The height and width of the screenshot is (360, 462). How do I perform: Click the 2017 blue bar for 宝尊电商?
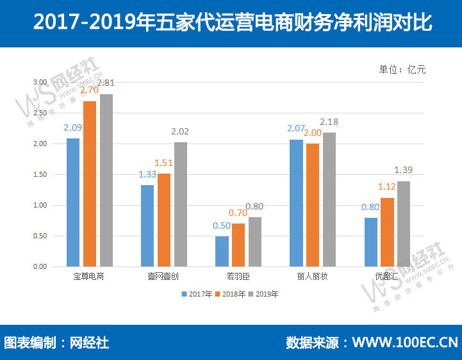[x=73, y=202]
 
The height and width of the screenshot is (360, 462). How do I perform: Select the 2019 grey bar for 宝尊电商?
[x=106, y=180]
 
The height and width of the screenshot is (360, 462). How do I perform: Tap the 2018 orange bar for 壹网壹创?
[x=164, y=220]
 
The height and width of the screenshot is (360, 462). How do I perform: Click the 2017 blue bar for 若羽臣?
[x=222, y=251]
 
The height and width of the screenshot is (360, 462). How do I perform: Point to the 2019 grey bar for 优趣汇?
[x=404, y=224]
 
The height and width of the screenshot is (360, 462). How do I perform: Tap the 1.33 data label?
[x=147, y=175]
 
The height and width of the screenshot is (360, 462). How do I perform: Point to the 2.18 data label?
[x=329, y=122]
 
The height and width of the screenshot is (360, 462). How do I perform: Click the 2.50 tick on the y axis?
[x=40, y=113]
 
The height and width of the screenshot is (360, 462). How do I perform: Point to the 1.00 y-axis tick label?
[x=40, y=205]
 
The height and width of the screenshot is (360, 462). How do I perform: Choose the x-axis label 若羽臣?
[x=238, y=277]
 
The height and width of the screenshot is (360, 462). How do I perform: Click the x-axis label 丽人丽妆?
[x=313, y=277]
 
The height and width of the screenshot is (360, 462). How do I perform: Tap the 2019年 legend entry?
[x=264, y=294]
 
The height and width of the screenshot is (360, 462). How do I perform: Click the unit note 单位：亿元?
[x=402, y=69]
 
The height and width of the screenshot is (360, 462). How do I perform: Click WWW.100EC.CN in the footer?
[x=405, y=342]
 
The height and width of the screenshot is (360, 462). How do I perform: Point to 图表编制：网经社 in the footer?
[x=56, y=342]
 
